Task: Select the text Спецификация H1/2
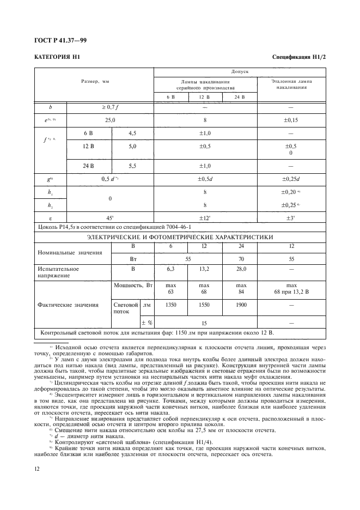click(x=298, y=57)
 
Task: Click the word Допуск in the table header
click(x=240, y=71)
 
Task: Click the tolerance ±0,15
click(x=291, y=118)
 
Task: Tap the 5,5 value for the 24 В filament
click(x=132, y=166)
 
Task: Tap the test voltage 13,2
click(x=204, y=269)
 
